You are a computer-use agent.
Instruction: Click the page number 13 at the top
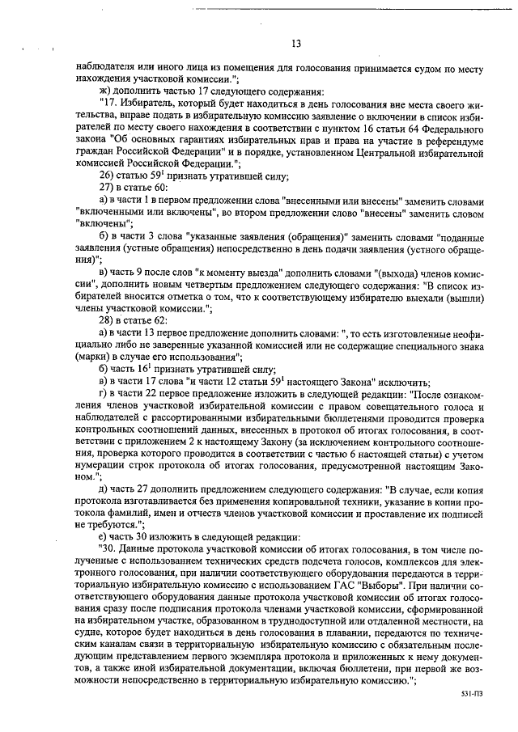(x=295, y=44)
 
